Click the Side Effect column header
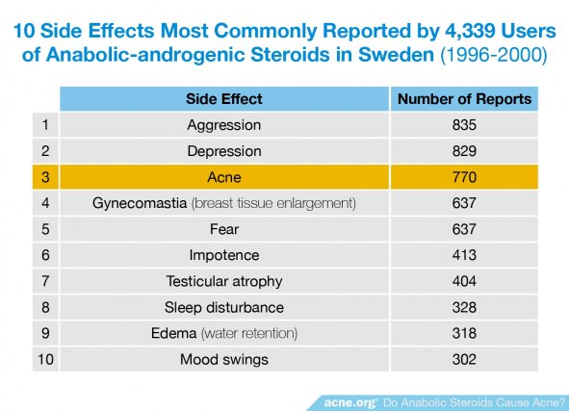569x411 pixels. pyautogui.click(x=224, y=99)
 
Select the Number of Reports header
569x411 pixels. pyautogui.click(x=464, y=99)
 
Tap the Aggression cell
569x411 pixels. pyautogui.click(x=224, y=125)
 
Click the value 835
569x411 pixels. pyautogui.click(x=464, y=125)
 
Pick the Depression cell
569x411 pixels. pyautogui.click(x=224, y=152)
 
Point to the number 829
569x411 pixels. pyautogui.click(x=464, y=151)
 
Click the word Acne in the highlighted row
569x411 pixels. pyautogui.click(x=224, y=177)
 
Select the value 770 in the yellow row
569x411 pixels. pyautogui.click(x=464, y=177)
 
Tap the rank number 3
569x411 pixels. pyautogui.click(x=45, y=177)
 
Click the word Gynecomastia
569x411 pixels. pyautogui.click(x=140, y=203)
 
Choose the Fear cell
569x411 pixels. pyautogui.click(x=224, y=229)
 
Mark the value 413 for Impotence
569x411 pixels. pyautogui.click(x=464, y=255)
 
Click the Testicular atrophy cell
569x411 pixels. pyautogui.click(x=224, y=282)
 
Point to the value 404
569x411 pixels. pyautogui.click(x=464, y=281)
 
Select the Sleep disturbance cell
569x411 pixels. pyautogui.click(x=224, y=308)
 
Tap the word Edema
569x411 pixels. pyautogui.click(x=174, y=333)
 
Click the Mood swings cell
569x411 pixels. pyautogui.click(x=224, y=360)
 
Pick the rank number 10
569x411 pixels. pyautogui.click(x=45, y=359)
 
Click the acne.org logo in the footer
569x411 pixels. pyautogui.click(x=350, y=402)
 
